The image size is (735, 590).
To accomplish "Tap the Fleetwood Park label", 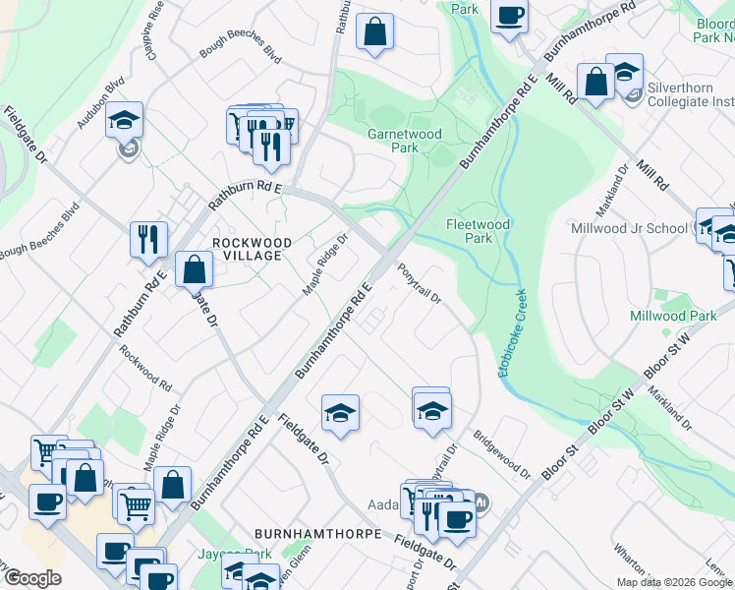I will [x=478, y=231].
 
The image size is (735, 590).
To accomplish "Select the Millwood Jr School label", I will [x=629, y=228].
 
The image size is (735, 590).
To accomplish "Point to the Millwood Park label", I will [x=674, y=316].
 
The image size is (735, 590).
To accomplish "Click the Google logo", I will [x=31, y=578].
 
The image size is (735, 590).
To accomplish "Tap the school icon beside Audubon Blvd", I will [x=125, y=120].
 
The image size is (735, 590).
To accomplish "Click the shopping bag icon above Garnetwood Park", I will [x=374, y=31].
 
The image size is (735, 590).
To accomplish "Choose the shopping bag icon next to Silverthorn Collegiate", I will [x=595, y=82].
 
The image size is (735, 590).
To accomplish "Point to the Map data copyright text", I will [x=674, y=582].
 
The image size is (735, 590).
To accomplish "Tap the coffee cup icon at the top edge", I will [x=509, y=16].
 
